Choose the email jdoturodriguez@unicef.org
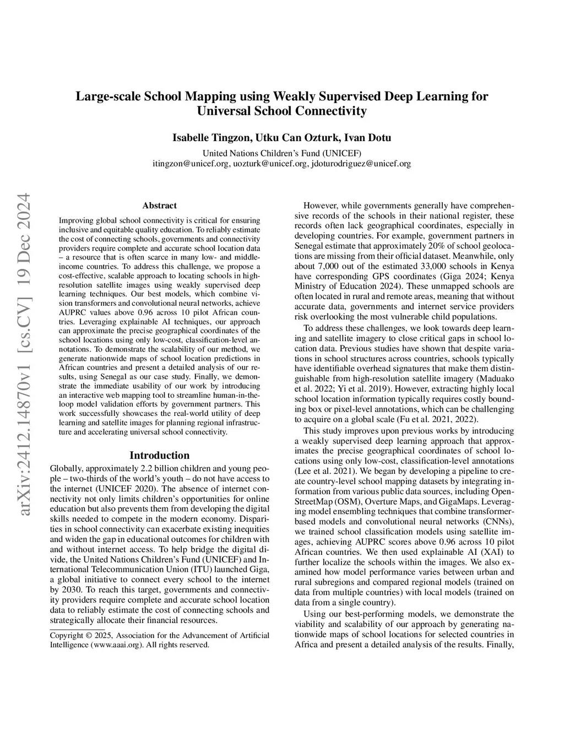[x=361, y=164]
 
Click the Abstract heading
[x=159, y=206]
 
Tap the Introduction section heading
[x=159, y=455]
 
